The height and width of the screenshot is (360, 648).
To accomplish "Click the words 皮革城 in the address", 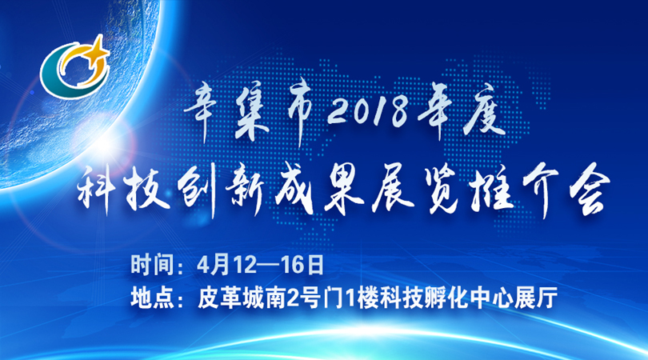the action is coord(230,298).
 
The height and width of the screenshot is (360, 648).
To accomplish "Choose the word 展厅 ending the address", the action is coord(536,298).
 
